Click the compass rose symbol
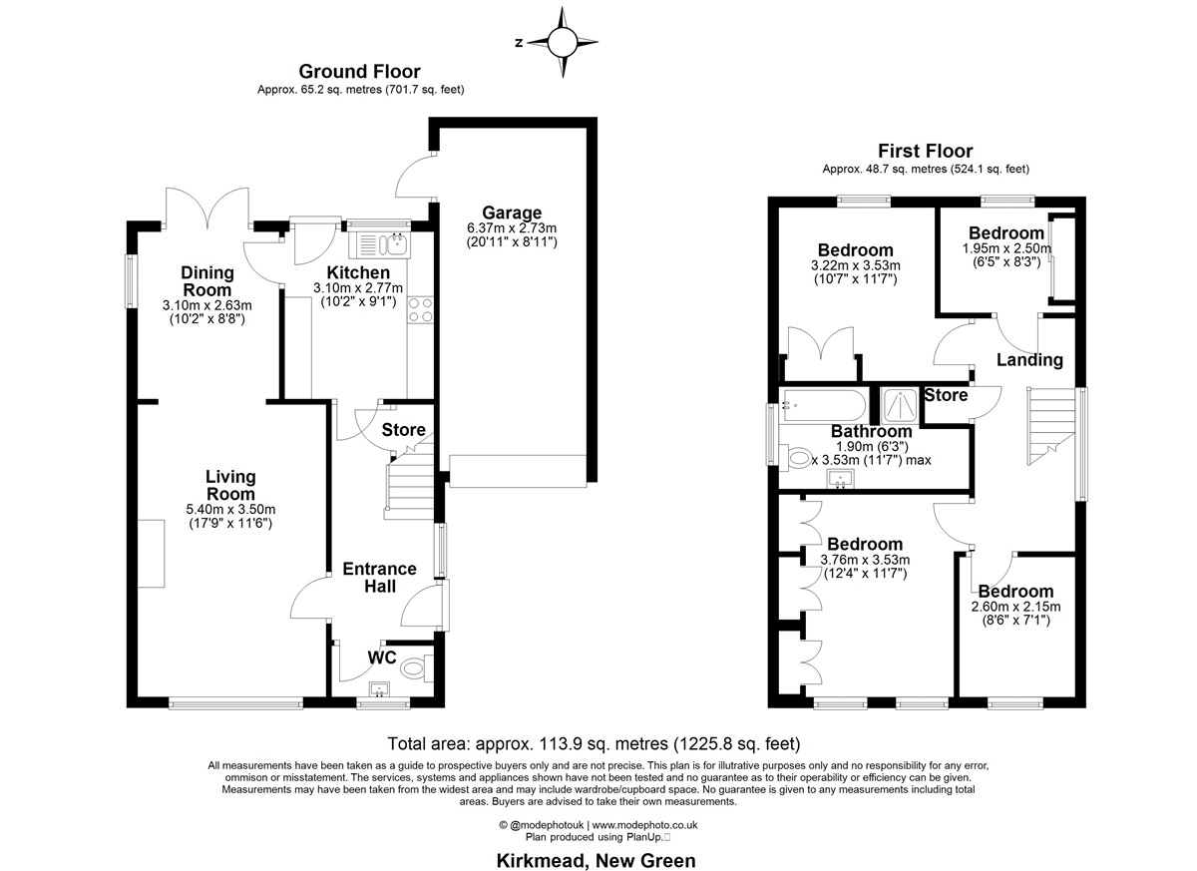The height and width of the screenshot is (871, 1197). [563, 42]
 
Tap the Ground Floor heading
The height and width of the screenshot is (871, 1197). [359, 71]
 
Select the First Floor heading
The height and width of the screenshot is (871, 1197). [926, 151]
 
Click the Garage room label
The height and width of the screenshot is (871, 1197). [512, 213]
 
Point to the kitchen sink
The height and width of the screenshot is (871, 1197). [378, 245]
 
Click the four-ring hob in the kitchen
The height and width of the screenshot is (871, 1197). [420, 310]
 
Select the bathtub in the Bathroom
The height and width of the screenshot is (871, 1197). [823, 406]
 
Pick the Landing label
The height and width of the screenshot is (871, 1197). [1029, 359]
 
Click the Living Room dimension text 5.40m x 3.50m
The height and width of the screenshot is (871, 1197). [230, 509]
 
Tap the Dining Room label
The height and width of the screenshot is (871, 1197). [207, 281]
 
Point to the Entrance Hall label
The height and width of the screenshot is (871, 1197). [379, 577]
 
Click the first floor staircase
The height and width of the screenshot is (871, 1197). [1050, 426]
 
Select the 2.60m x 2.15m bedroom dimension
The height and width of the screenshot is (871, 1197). [1015, 607]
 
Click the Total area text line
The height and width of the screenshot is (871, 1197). [594, 743]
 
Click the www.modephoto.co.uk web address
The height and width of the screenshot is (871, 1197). [644, 825]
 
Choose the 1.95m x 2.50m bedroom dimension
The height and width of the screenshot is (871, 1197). [1006, 248]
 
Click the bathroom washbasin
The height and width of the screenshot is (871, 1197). [841, 478]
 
